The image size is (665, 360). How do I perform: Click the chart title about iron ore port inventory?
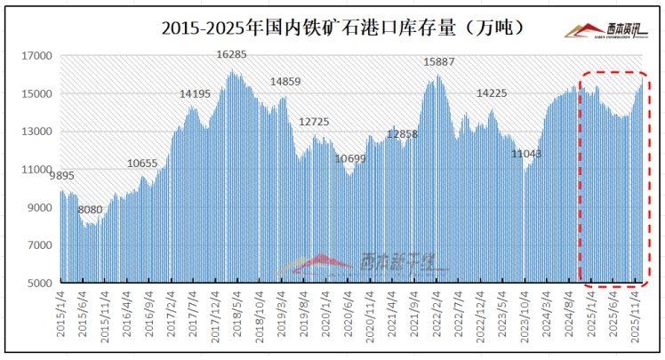(x=342, y=28)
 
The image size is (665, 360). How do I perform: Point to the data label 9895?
(x=61, y=176)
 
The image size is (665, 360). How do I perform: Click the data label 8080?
(x=90, y=210)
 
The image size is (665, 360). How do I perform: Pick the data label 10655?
(x=142, y=164)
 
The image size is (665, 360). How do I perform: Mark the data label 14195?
(x=195, y=93)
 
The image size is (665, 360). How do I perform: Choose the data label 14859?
(x=285, y=82)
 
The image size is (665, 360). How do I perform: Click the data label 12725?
(x=314, y=122)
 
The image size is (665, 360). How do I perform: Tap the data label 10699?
(x=349, y=159)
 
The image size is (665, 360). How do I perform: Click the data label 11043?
(x=526, y=155)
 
